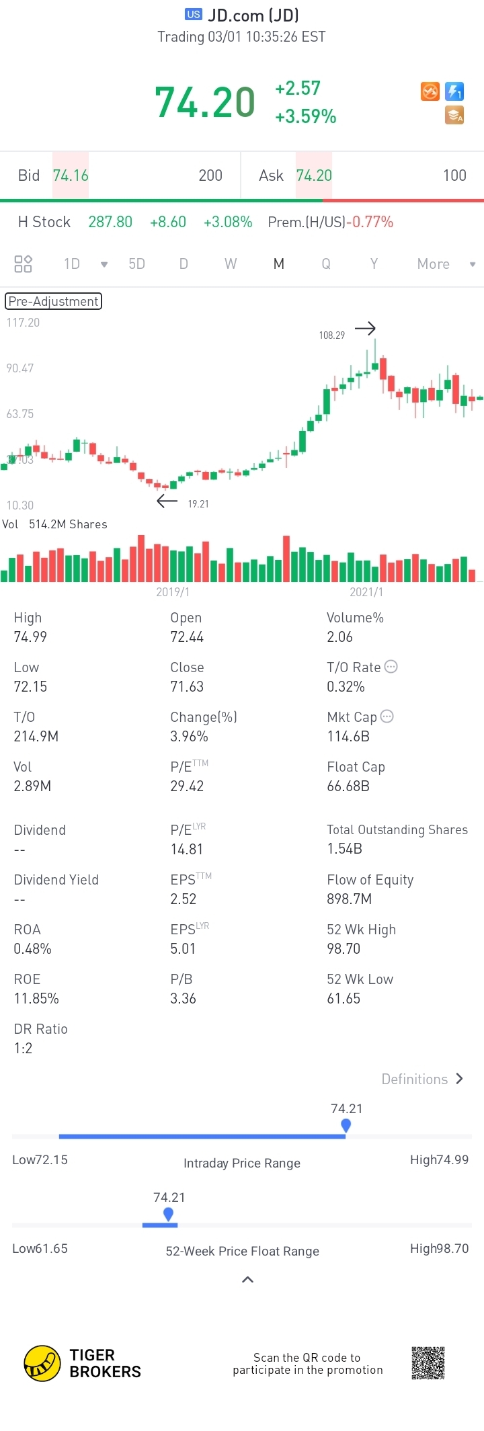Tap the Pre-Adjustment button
click(53, 301)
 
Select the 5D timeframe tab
click(136, 263)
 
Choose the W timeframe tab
click(231, 263)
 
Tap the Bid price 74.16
click(71, 175)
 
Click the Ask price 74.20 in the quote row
click(314, 175)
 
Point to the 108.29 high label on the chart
click(331, 335)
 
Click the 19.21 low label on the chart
click(198, 503)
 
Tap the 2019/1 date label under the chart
click(173, 591)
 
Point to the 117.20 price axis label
click(23, 323)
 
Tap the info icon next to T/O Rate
click(391, 667)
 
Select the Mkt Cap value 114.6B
click(348, 736)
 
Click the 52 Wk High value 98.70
click(344, 948)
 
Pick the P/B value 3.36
click(183, 998)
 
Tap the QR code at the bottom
click(428, 1363)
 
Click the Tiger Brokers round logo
click(42, 1363)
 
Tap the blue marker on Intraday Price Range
click(346, 1125)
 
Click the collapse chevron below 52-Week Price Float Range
click(247, 1279)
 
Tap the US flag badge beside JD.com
click(194, 14)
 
